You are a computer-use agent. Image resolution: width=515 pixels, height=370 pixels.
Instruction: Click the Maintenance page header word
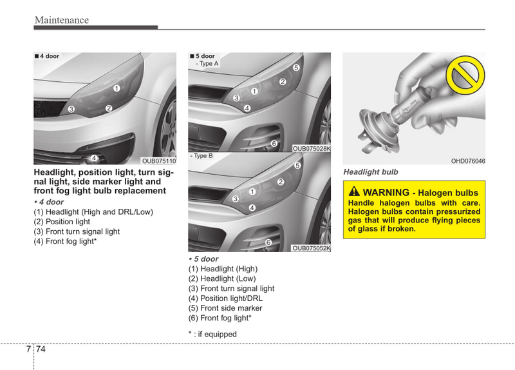[62, 20]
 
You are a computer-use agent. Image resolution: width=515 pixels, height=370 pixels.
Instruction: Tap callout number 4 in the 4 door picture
[94, 158]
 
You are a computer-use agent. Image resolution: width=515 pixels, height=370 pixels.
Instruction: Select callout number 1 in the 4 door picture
[117, 88]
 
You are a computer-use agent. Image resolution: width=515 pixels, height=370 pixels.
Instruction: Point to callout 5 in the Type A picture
[296, 68]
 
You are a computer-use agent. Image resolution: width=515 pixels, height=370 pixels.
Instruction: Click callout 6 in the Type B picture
[268, 242]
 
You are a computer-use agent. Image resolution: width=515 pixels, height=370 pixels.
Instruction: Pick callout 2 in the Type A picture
[283, 82]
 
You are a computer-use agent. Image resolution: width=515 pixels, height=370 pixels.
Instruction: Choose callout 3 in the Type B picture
[235, 199]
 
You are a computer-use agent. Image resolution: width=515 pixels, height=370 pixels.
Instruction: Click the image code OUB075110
[159, 161]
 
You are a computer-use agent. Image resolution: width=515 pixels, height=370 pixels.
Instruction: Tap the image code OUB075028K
[312, 149]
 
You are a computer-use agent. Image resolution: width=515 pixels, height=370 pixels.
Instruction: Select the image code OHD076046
[468, 161]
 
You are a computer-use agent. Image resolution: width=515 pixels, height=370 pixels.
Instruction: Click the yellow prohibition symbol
[465, 75]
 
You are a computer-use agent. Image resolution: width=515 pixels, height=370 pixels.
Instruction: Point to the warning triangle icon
[354, 191]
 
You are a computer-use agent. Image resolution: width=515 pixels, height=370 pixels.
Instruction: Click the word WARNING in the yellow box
[386, 192]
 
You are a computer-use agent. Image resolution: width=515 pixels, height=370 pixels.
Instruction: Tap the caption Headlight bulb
[371, 172]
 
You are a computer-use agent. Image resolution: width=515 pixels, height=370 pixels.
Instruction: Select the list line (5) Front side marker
[225, 308]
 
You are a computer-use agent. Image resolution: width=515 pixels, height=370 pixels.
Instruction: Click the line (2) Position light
[62, 222]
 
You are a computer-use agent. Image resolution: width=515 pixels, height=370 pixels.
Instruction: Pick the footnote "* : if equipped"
[212, 334]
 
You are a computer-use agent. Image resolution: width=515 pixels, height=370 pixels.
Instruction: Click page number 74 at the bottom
[41, 349]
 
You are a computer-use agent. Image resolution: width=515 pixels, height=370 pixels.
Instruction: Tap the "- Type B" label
[201, 156]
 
